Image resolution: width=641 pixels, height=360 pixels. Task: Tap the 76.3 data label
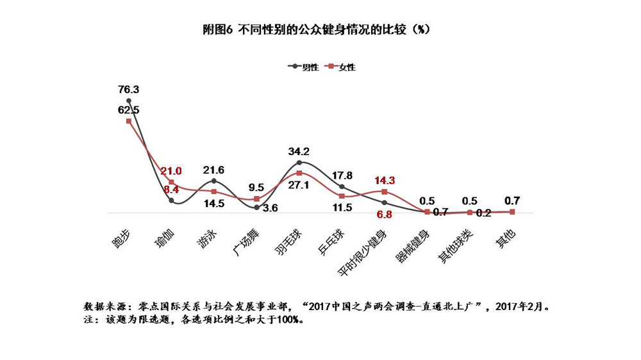(129, 89)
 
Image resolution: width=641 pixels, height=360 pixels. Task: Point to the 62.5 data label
(129, 110)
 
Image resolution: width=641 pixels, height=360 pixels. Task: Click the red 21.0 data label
(171, 170)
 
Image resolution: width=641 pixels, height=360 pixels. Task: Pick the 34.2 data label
(299, 152)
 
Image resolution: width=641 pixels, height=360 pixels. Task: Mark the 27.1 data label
(299, 184)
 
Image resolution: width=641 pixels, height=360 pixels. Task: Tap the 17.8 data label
(342, 176)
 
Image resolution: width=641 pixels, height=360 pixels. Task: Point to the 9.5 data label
(256, 188)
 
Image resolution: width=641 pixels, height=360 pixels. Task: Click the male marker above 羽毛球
(299, 163)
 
